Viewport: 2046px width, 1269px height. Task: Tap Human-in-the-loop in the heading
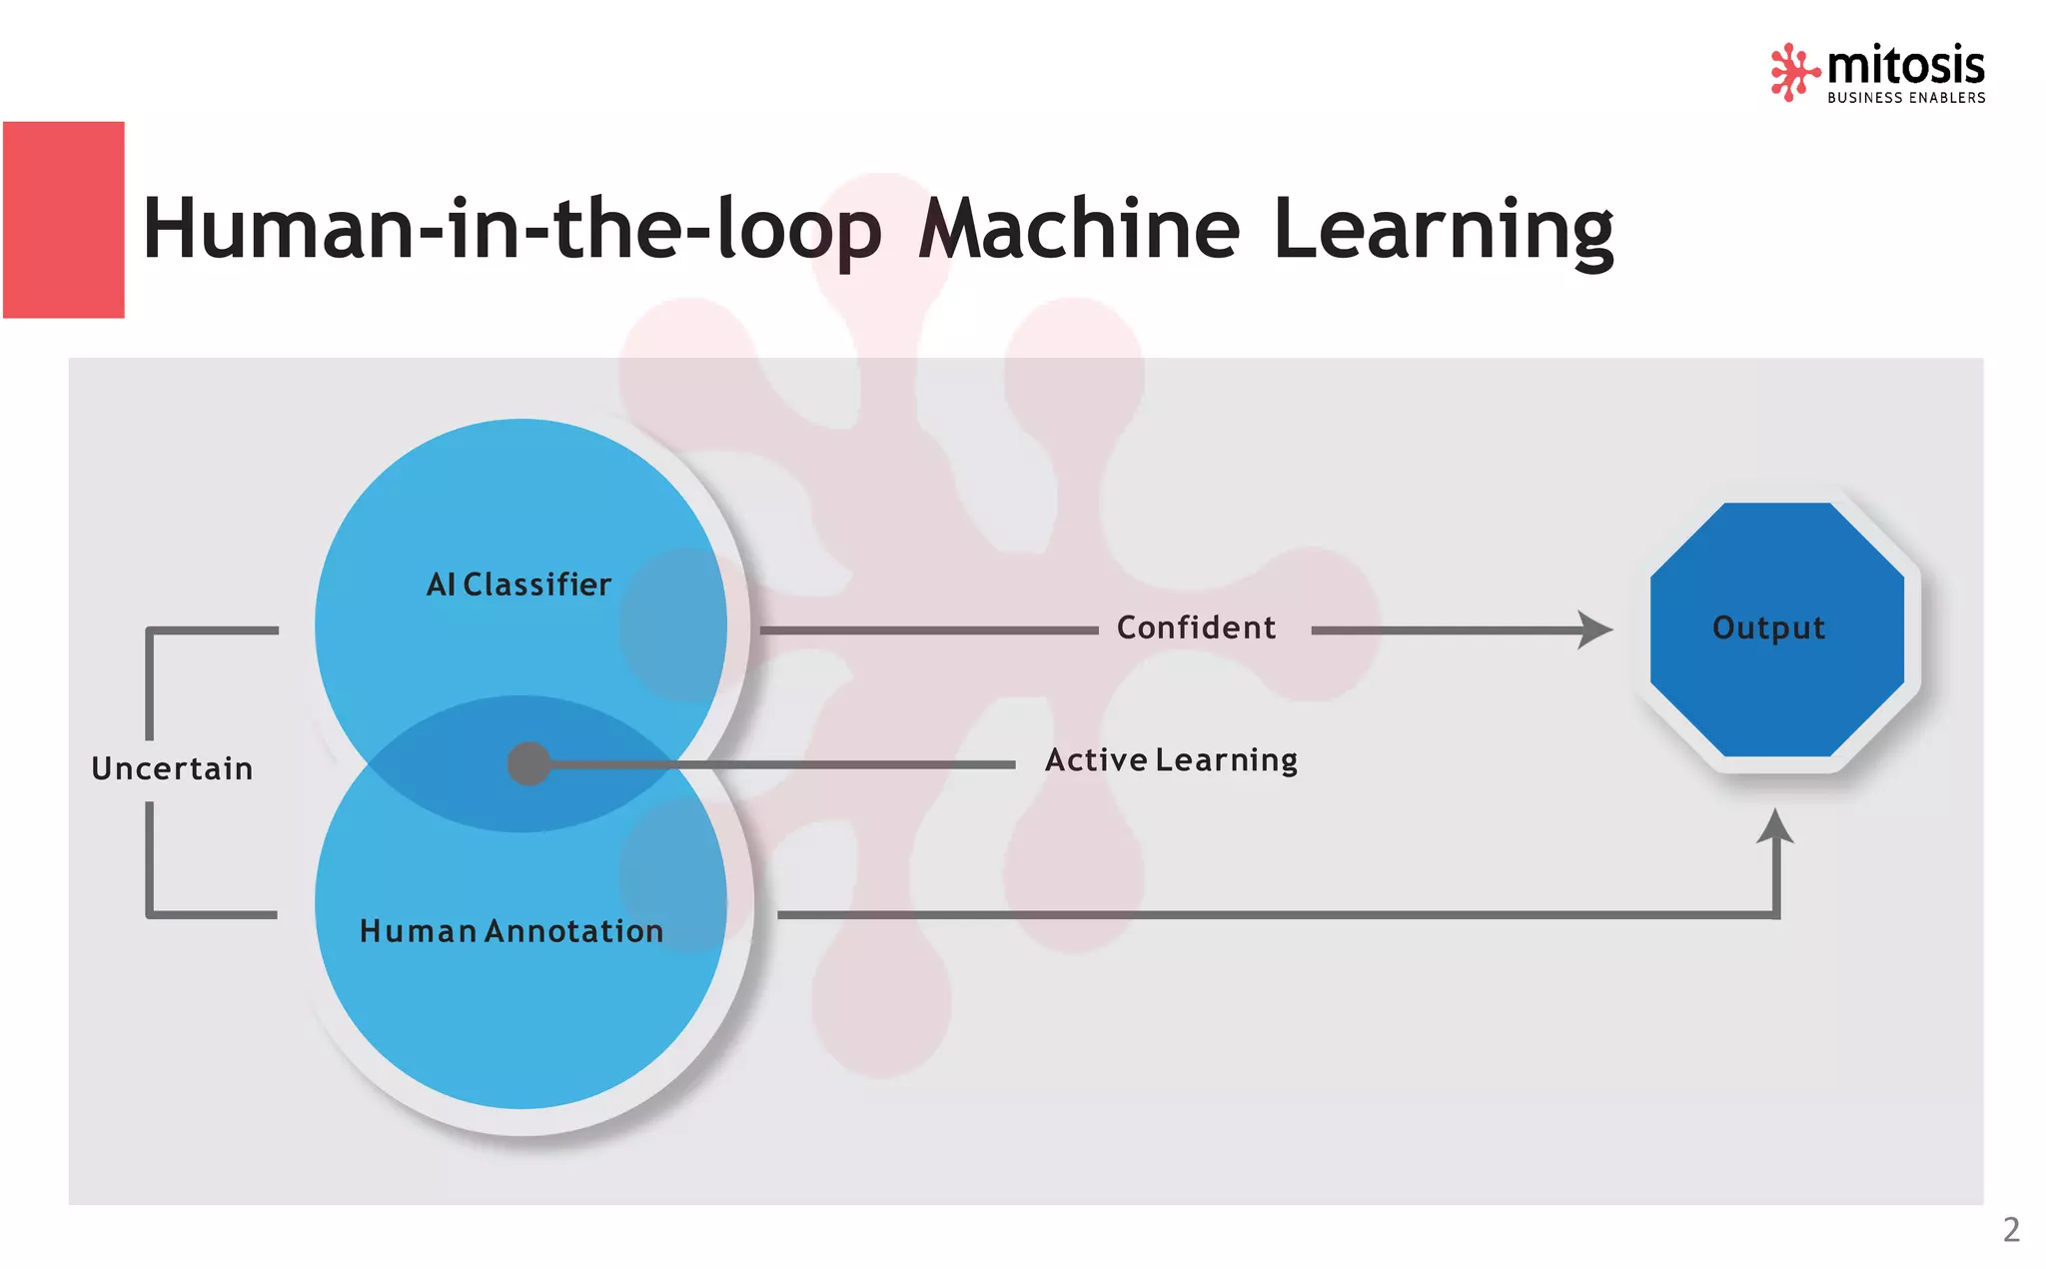tap(512, 231)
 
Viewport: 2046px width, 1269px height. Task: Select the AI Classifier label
tap(518, 585)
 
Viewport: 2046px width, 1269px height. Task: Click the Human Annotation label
tap(511, 931)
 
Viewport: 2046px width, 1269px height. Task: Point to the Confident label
tap(1196, 628)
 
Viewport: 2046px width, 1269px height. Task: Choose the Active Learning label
tap(1171, 760)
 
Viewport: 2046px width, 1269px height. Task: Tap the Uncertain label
tap(172, 768)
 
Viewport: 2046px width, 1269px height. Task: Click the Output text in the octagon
tap(1768, 628)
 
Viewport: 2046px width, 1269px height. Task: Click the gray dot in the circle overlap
tap(528, 764)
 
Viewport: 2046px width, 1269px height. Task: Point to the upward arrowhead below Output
tap(1775, 826)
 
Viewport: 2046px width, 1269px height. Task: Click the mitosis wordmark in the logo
tap(1905, 66)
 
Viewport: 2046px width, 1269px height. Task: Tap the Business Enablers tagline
tap(1906, 98)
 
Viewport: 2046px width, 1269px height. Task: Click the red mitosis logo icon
tap(1793, 71)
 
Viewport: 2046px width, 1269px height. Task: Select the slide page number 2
tap(2011, 1229)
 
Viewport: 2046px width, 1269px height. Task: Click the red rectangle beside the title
tap(64, 220)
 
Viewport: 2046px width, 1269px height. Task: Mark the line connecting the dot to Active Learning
tap(779, 764)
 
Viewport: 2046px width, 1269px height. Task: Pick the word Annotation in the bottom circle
tap(574, 931)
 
